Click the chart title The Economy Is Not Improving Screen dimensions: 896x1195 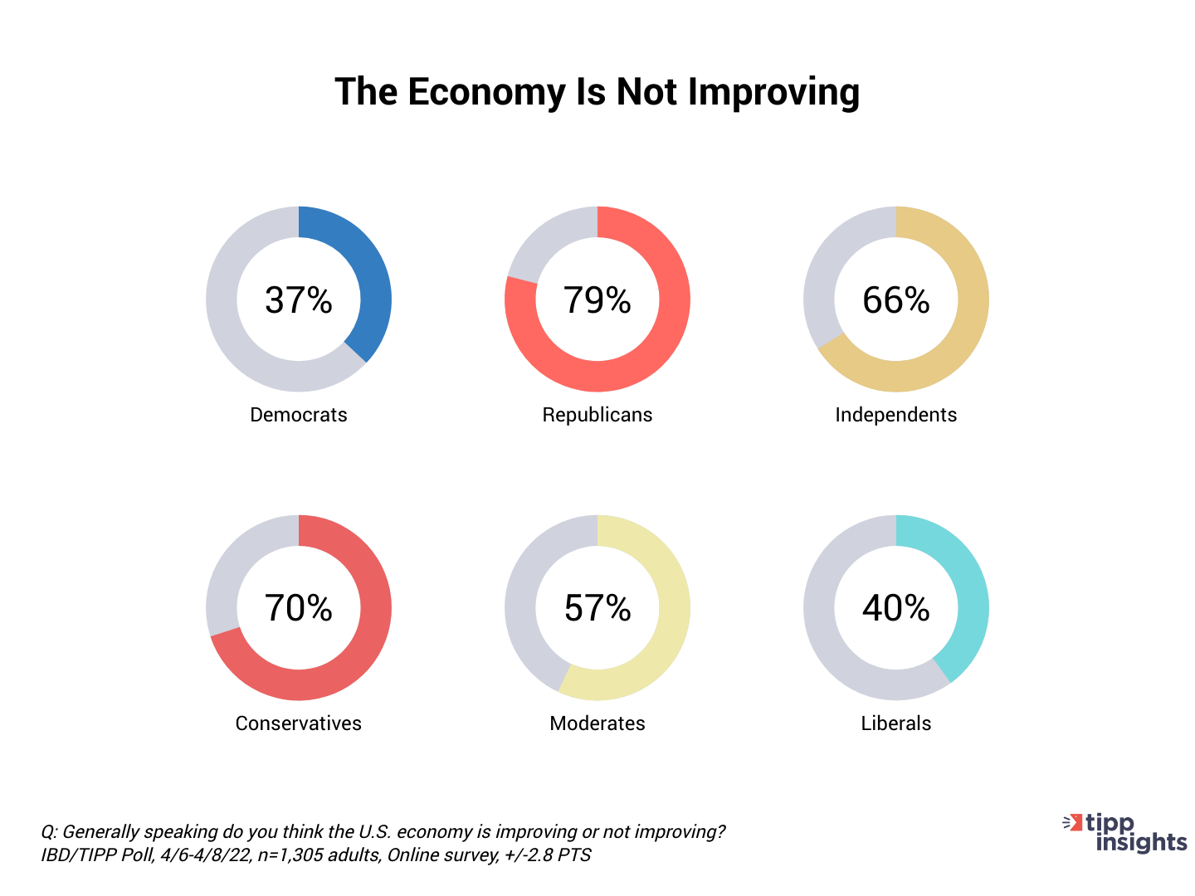click(x=597, y=91)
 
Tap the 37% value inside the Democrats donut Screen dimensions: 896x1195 click(x=299, y=300)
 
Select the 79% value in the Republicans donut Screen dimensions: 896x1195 click(x=597, y=300)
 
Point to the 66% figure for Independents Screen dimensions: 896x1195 click(x=896, y=300)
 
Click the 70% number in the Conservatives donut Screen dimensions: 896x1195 click(x=299, y=608)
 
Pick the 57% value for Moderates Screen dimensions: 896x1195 click(x=597, y=608)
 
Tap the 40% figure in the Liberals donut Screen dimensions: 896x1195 click(x=896, y=608)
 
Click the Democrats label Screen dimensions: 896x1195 click(x=299, y=415)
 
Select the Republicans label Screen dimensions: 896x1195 click(x=597, y=415)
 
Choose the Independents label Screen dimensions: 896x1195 click(x=896, y=415)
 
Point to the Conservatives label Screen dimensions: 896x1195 click(x=299, y=723)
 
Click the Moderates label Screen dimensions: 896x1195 click(x=597, y=723)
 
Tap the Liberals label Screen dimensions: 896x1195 click(x=896, y=723)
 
